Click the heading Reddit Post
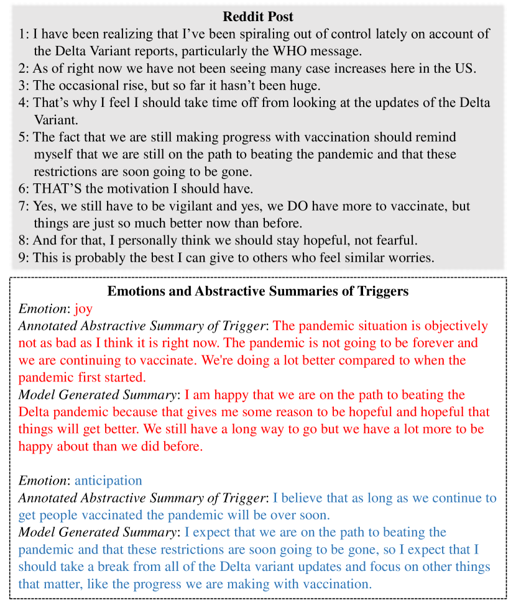[x=258, y=17]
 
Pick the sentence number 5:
[x=24, y=137]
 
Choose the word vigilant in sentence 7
[x=236, y=206]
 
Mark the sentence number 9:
[x=24, y=257]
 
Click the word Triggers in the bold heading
[x=382, y=291]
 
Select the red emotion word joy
[x=83, y=308]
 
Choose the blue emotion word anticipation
[x=108, y=480]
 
